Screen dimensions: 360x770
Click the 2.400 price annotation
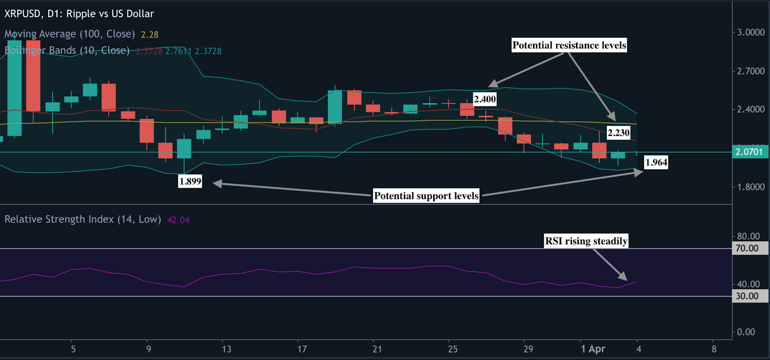(x=485, y=100)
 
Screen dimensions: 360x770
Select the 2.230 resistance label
(x=618, y=133)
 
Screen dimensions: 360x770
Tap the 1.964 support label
(x=656, y=163)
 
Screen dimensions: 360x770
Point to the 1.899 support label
(x=190, y=181)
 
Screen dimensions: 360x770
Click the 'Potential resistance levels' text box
(x=569, y=45)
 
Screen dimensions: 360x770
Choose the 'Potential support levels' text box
(x=426, y=196)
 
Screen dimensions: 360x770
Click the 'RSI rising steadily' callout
(x=586, y=241)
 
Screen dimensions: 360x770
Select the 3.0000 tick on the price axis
(x=751, y=32)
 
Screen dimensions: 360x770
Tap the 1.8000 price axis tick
(x=751, y=187)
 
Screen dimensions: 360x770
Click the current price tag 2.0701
(x=749, y=152)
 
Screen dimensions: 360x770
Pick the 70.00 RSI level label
(x=747, y=248)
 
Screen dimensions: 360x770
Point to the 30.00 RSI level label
(x=747, y=296)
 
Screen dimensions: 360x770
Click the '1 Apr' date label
(x=593, y=349)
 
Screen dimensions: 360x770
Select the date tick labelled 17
(x=302, y=349)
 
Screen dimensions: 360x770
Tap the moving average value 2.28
(x=150, y=35)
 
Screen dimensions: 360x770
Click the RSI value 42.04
(x=178, y=220)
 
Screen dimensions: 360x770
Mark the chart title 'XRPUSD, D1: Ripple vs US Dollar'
(x=79, y=14)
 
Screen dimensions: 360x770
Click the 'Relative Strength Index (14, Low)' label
(x=83, y=219)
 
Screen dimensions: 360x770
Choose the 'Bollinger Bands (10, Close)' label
(x=67, y=51)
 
